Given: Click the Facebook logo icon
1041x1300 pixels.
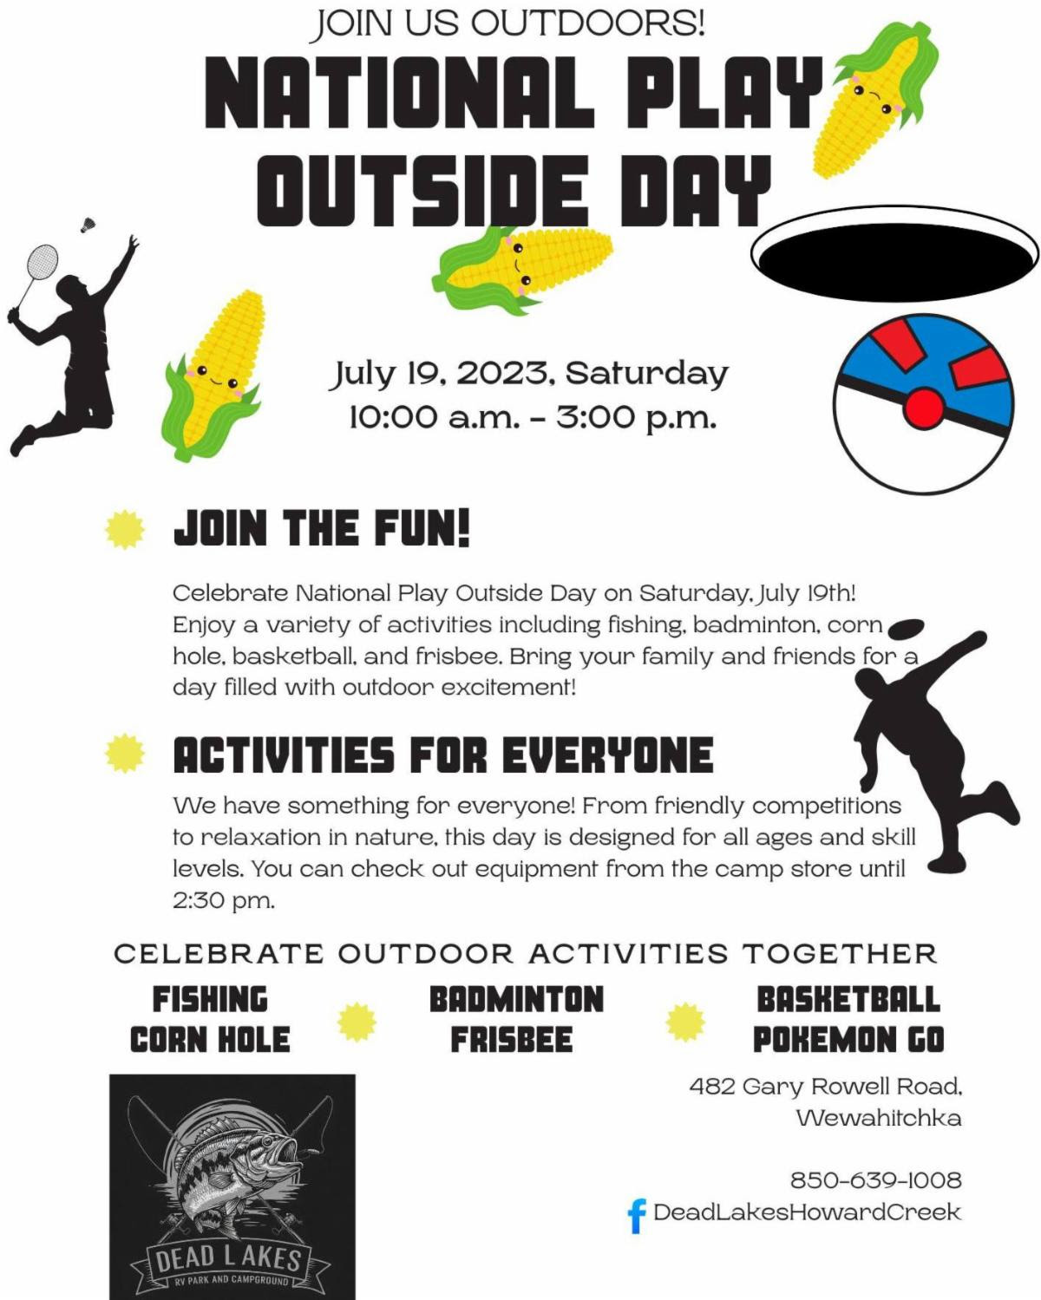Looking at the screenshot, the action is tap(637, 1215).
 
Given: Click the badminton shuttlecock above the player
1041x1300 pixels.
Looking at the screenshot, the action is tap(88, 224).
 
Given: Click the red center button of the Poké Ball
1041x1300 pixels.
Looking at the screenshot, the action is tap(924, 407).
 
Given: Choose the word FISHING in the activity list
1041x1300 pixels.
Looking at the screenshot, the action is tap(210, 999).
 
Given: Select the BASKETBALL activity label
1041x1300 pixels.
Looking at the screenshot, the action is tap(848, 999).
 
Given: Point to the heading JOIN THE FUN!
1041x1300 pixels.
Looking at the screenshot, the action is tap(322, 528).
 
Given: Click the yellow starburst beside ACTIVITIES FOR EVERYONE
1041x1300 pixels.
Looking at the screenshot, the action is tap(125, 754).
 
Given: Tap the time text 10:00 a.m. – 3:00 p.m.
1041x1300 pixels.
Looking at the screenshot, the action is tap(533, 417).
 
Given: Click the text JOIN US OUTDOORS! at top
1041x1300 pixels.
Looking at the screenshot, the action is tap(508, 24).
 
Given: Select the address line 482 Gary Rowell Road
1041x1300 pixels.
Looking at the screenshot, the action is tap(825, 1087).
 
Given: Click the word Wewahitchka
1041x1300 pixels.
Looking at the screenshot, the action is tap(879, 1118).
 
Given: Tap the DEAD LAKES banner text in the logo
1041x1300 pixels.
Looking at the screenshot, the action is tap(228, 1258).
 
